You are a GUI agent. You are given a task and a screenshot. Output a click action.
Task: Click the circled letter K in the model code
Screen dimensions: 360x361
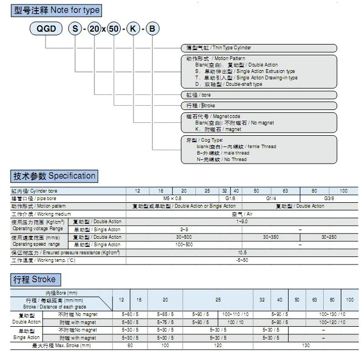click(133, 30)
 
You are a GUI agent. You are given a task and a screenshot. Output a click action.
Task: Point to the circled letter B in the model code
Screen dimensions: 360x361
click(152, 30)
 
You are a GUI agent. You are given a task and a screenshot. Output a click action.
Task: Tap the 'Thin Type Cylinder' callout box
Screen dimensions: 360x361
click(257, 48)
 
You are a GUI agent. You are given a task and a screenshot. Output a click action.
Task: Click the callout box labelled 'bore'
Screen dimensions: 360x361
click(257, 94)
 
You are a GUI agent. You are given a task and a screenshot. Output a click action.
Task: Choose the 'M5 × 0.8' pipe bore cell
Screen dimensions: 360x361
click(172, 198)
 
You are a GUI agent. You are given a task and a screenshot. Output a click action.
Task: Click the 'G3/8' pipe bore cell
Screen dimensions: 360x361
click(329, 198)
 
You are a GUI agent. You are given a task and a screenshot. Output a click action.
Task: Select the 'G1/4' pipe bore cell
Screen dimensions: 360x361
click(271, 198)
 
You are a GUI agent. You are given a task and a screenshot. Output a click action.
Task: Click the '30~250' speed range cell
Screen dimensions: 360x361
click(329, 237)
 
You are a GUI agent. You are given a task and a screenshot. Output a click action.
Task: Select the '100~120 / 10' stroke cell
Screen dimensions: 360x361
click(329, 322)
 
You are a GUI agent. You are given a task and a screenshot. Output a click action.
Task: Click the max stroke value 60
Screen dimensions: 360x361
click(130, 346)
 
